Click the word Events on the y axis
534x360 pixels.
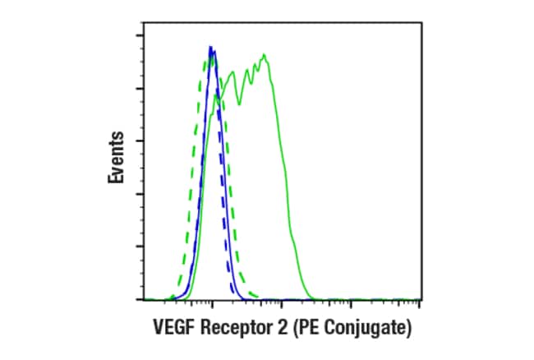point(117,157)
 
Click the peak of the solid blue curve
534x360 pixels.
point(211,47)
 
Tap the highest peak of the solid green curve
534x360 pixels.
point(265,55)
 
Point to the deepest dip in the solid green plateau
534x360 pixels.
point(240,104)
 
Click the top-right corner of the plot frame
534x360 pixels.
point(421,25)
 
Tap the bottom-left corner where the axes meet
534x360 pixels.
point(144,300)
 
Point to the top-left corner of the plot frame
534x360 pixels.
point(144,25)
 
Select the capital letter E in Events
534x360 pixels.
point(117,178)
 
